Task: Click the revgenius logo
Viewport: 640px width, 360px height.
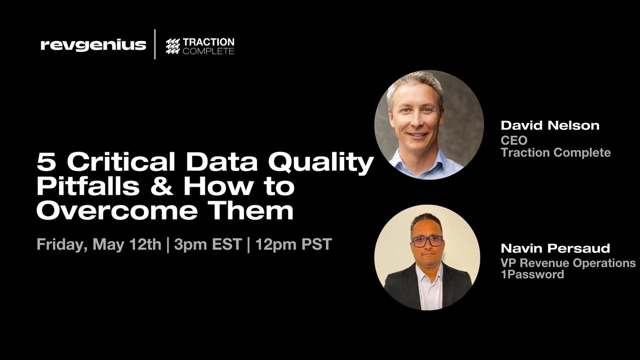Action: (93, 45)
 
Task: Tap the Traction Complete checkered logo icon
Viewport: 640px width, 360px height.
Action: (173, 46)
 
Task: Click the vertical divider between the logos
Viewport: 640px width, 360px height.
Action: (155, 45)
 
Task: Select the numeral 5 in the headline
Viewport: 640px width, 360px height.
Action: (46, 162)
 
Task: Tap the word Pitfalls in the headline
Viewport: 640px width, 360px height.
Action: (88, 186)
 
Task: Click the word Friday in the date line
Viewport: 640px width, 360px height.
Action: (62, 244)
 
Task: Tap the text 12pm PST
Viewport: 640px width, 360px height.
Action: (293, 244)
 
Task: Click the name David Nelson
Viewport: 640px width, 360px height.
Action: (550, 125)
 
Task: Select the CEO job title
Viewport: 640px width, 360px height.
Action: (514, 140)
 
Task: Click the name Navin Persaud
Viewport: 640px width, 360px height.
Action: (555, 248)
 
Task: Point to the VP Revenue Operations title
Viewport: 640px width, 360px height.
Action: (568, 263)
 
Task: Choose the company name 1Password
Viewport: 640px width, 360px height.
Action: (532, 274)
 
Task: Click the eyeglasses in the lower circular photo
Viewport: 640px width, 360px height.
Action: (427, 241)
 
